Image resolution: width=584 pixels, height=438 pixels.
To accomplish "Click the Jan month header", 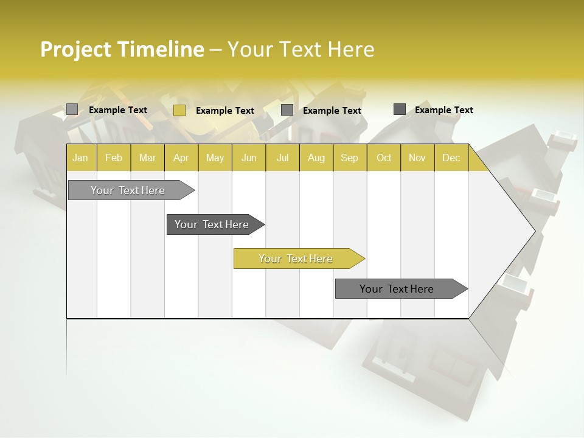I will click(x=80, y=158).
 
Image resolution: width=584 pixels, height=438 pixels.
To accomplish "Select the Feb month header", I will click(x=114, y=158).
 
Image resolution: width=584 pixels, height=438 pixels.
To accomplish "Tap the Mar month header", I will click(x=147, y=158).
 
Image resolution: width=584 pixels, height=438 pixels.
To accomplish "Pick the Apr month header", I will click(x=181, y=158).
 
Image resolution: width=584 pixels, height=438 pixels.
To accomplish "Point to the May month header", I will click(x=215, y=158).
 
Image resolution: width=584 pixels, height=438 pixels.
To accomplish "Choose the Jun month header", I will click(x=249, y=158).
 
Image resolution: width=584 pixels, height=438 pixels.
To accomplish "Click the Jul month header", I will click(x=282, y=158).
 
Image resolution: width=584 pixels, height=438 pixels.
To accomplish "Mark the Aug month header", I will click(x=316, y=158).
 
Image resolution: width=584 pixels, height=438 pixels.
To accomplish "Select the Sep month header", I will click(x=349, y=158).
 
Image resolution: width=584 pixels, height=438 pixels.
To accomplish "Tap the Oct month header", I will click(x=384, y=158).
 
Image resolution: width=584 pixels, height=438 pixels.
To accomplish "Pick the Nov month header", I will click(x=417, y=158).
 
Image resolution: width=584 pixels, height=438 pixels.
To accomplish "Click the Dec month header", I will click(x=451, y=158).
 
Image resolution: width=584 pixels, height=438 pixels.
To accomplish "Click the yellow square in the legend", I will click(x=179, y=110).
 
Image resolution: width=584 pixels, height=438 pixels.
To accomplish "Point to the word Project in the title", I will click(x=75, y=49).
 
